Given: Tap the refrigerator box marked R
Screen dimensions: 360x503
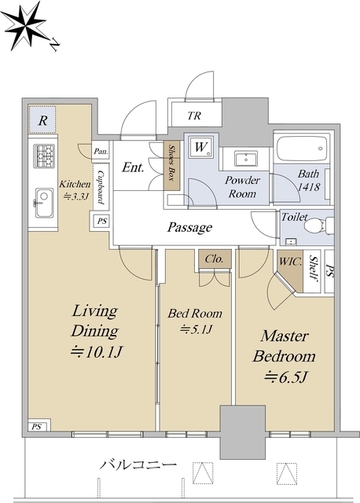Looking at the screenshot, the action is coord(42,120).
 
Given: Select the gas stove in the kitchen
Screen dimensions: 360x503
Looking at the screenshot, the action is coord(44,156).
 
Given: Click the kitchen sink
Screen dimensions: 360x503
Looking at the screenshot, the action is coord(44,203).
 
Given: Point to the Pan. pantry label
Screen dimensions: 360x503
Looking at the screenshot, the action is coord(101,152).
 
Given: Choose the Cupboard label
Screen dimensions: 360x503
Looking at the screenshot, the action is coord(101,187).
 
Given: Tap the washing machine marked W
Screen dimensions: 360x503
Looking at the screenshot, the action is coord(201,147).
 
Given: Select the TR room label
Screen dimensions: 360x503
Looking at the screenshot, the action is coord(194,116).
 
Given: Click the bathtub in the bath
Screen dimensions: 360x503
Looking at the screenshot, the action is coord(302,149).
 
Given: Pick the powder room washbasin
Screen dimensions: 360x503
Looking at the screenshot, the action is coord(246,159).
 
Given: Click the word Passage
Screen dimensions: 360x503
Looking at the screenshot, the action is coord(189,227).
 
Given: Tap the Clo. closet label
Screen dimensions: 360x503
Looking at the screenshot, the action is coord(214,259).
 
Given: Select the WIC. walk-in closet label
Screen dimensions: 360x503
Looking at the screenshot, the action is coord(290,262).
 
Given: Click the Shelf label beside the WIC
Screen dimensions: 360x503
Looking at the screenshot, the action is coord(314,268).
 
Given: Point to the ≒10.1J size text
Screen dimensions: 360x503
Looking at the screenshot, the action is coord(97,352).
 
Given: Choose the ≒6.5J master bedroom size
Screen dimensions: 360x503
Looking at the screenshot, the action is coord(286,377).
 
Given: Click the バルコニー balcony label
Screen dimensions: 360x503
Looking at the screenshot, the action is coord(138,464).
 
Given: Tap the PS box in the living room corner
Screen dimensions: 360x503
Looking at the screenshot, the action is coord(37,427).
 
